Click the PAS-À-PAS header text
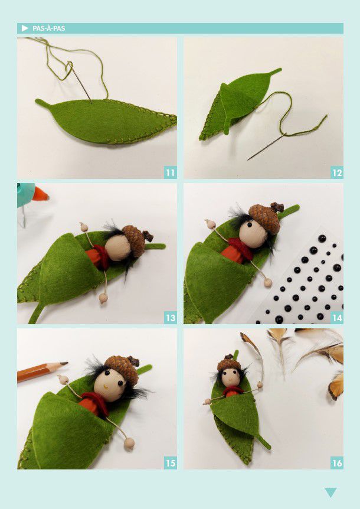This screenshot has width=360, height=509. click(x=48, y=28)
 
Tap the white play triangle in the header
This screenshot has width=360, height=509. click(x=25, y=28)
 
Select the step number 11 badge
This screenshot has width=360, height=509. click(x=171, y=172)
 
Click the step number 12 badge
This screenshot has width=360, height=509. click(x=337, y=172)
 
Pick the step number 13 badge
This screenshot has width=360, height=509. click(x=171, y=318)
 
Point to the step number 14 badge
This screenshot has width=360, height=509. click(x=337, y=318)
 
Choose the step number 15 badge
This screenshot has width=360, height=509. click(x=171, y=462)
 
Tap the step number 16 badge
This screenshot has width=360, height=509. click(x=337, y=462)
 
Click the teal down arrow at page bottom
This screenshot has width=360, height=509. click(x=330, y=492)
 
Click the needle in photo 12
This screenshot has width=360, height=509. click(x=267, y=146)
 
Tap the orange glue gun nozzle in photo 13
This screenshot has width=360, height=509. click(x=40, y=194)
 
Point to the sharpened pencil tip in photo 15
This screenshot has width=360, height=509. click(x=64, y=364)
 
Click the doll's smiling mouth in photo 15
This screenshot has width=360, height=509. click(x=106, y=387)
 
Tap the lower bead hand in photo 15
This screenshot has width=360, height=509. click(x=129, y=443)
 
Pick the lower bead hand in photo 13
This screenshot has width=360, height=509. click(x=103, y=298)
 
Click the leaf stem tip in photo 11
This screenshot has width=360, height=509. click(x=37, y=100)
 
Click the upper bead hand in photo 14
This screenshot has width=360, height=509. click(x=211, y=224)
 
